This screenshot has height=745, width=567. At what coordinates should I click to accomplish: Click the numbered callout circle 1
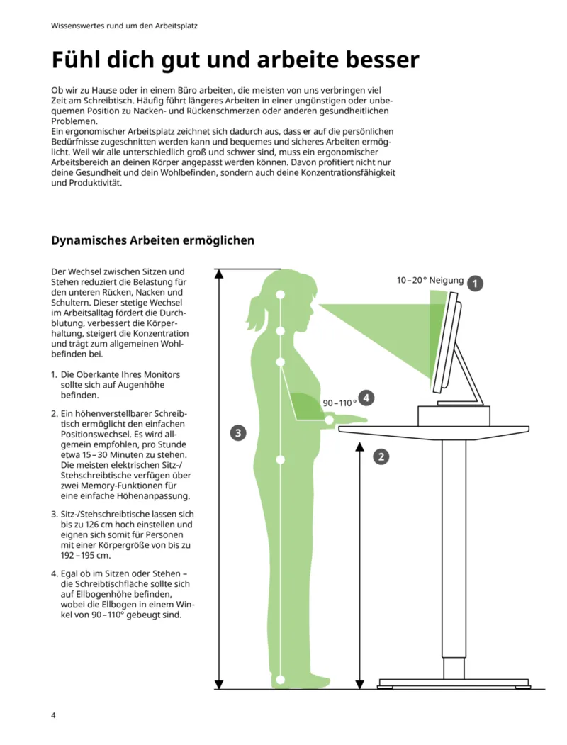pos(475,284)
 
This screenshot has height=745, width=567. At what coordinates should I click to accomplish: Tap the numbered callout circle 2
pos(381,456)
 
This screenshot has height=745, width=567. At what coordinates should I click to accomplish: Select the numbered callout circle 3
pos(239,432)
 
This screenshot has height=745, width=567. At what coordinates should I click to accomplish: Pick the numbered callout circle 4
pos(366,398)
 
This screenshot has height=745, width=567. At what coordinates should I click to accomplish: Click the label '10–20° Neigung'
pos(430,281)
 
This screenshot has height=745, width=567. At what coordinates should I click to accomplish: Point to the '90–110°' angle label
pos(339,403)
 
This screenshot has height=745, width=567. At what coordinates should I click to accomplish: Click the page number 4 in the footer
pos(53,714)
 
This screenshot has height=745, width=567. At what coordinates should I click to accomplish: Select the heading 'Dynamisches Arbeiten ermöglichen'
pos(152,240)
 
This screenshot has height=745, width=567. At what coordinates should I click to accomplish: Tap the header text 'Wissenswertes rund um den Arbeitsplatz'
pos(124,26)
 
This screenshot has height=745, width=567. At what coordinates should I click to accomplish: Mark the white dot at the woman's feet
pos(281,680)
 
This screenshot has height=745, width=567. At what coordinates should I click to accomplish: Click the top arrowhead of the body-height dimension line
pos(219,274)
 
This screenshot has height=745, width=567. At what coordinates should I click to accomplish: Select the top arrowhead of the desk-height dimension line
pos(361,447)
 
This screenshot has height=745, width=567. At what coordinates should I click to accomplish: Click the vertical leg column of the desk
pos(454,553)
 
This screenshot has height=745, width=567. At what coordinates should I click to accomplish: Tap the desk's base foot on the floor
pos(454,683)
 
